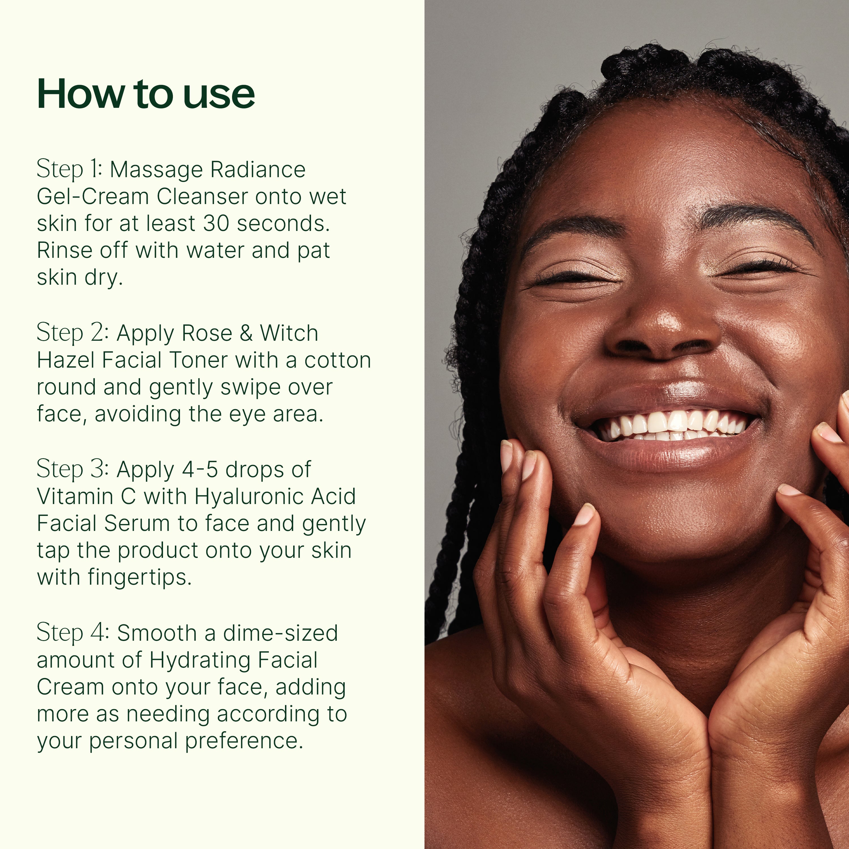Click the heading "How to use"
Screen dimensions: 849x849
(x=146, y=94)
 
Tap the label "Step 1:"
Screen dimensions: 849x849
(x=69, y=170)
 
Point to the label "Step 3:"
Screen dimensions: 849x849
(x=72, y=469)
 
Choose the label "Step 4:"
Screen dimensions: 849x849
(x=72, y=633)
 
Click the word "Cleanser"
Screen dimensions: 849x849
(x=202, y=196)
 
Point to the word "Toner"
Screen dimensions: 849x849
(x=198, y=360)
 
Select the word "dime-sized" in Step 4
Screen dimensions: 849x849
(x=280, y=633)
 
